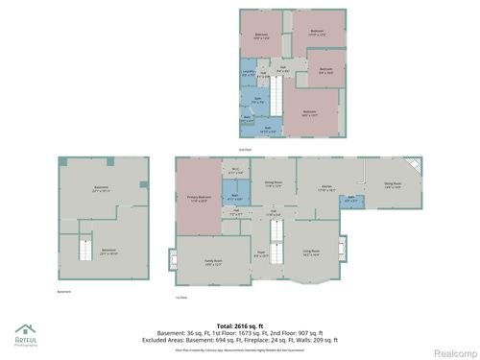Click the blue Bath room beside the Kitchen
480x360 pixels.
point(353,200)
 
